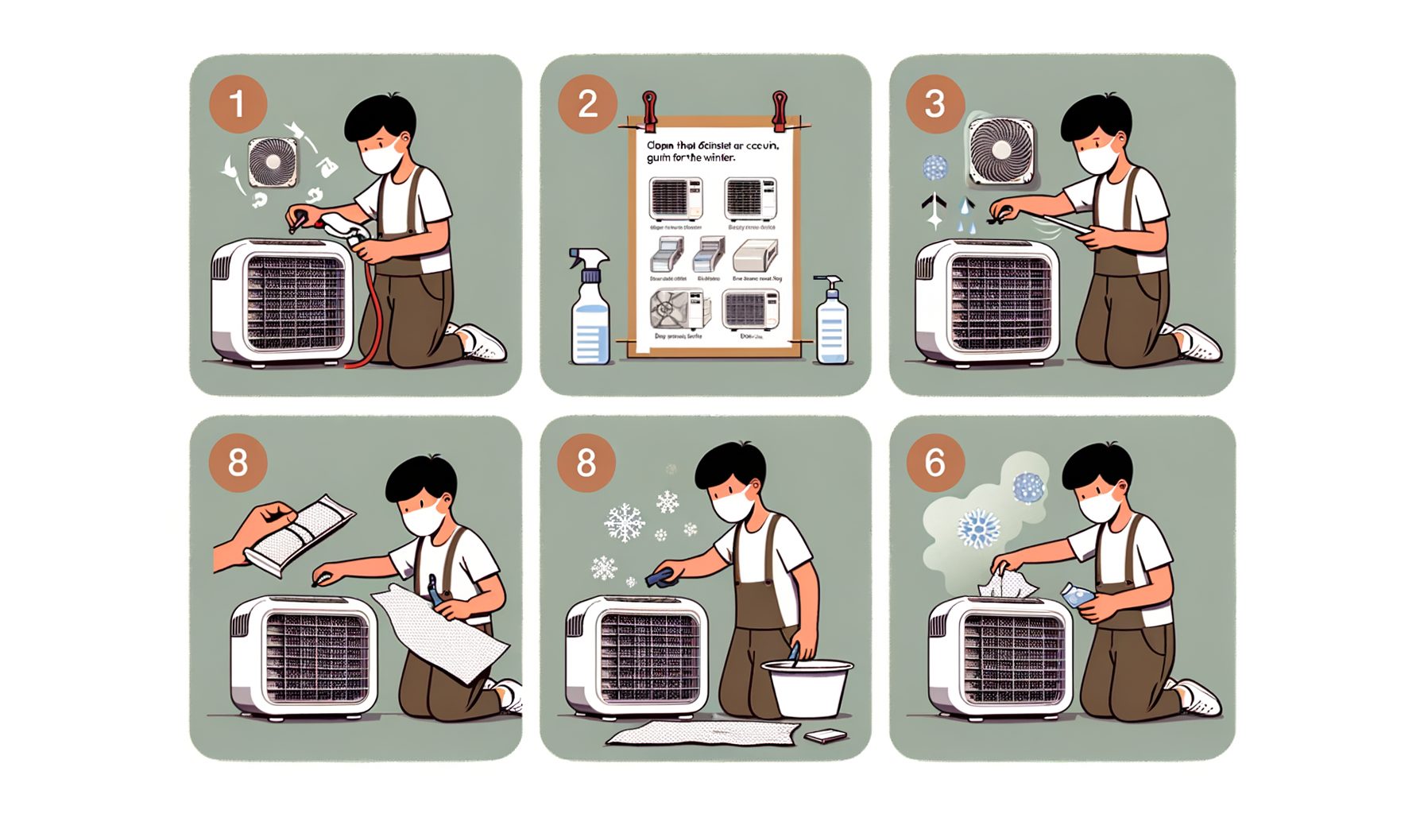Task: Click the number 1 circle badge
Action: pyautogui.click(x=237, y=104)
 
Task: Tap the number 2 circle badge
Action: pyautogui.click(x=587, y=104)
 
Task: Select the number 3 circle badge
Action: pyautogui.click(x=935, y=104)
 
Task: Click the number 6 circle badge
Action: pyautogui.click(x=935, y=463)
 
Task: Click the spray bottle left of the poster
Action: pyautogui.click(x=590, y=310)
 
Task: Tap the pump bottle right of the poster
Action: pyautogui.click(x=831, y=322)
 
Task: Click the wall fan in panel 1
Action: pyautogui.click(x=273, y=163)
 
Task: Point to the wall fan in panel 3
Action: pyautogui.click(x=1001, y=151)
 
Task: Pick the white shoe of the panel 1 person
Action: pyautogui.click(x=482, y=342)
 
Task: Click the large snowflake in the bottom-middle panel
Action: pyautogui.click(x=625, y=522)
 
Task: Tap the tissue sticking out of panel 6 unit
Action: pyautogui.click(x=1006, y=585)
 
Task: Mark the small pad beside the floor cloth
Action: pyautogui.click(x=826, y=736)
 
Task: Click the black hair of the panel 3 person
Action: pyautogui.click(x=1097, y=119)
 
